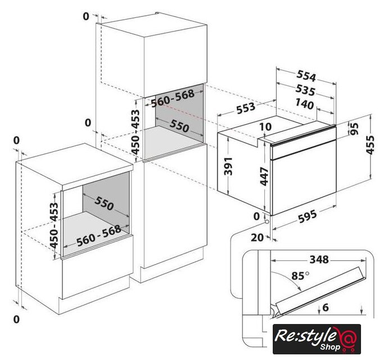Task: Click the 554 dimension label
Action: point(306,76)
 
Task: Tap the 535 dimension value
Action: point(305,91)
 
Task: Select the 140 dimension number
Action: point(304,104)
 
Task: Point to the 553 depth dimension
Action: point(246,108)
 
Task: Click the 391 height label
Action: point(228,166)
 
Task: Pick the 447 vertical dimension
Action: point(264,176)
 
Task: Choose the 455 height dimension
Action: point(370,145)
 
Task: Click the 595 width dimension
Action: point(308,216)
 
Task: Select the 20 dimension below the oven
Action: point(258,237)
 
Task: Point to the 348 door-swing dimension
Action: point(319,259)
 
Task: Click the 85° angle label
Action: point(300,275)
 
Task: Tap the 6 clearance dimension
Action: point(326,307)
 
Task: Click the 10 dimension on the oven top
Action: point(266,127)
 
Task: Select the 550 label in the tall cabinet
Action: point(179,126)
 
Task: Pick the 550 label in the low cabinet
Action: point(104,203)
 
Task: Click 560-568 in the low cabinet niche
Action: point(99,236)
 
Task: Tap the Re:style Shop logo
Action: point(317,339)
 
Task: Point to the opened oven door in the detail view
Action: point(321,292)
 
